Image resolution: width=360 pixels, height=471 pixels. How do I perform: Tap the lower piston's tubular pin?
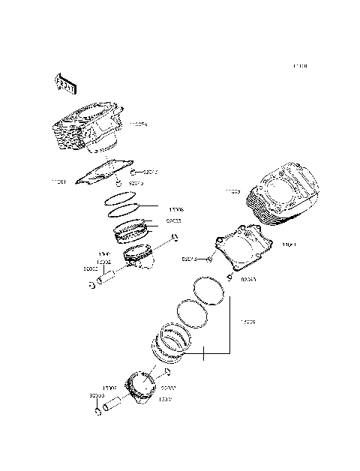113,406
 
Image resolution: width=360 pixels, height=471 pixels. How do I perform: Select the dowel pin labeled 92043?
228,277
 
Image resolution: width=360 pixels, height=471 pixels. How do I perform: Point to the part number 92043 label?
247,280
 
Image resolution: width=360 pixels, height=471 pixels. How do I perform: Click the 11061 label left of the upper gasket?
59,181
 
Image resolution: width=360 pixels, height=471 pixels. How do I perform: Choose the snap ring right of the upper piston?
175,238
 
